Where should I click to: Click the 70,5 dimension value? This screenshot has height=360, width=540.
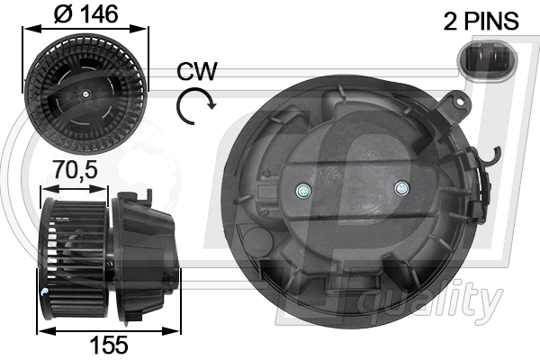click(76, 168)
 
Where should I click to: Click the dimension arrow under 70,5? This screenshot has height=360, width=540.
click(76, 188)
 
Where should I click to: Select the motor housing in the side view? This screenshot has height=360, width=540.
click(146, 256)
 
